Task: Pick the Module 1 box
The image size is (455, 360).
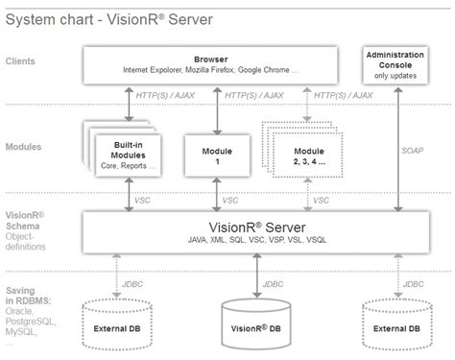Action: pos(217,155)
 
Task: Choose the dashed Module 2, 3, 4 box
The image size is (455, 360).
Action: pos(309,155)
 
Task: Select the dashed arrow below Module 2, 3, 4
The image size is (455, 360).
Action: pos(307,197)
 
